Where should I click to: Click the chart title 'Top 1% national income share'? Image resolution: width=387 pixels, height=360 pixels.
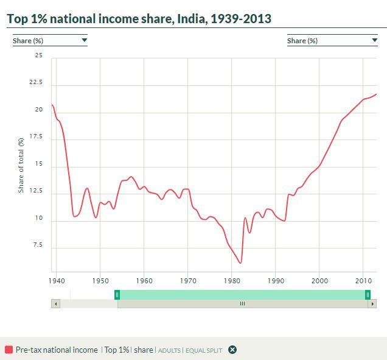pyautogui.click(x=139, y=18)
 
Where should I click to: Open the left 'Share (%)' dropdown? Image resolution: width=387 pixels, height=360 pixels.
pyautogui.click(x=50, y=41)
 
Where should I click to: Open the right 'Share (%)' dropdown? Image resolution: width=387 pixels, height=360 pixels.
pyautogui.click(x=332, y=41)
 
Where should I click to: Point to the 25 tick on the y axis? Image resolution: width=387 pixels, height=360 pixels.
pyautogui.click(x=39, y=56)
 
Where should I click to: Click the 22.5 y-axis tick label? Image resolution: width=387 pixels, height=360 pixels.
pyautogui.click(x=37, y=83)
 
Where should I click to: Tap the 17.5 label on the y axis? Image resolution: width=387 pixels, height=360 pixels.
pyautogui.click(x=37, y=137)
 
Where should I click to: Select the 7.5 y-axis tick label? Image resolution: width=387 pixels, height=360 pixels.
pyautogui.click(x=38, y=245)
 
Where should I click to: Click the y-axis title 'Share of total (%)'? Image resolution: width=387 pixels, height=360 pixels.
pyautogui.click(x=21, y=164)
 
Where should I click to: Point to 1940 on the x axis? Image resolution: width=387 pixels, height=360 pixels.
pyautogui.click(x=56, y=281)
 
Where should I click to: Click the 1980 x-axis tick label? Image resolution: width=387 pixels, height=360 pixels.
pyautogui.click(x=232, y=281)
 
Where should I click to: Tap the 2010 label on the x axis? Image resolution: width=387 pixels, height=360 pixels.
pyautogui.click(x=363, y=281)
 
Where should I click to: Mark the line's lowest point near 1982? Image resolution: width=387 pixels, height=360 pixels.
pyautogui.click(x=241, y=263)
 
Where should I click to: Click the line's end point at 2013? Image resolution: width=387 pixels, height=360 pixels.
pyautogui.click(x=376, y=94)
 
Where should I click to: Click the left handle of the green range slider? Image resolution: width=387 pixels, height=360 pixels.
pyautogui.click(x=117, y=295)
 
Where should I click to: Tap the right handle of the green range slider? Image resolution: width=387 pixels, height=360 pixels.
pyautogui.click(x=368, y=295)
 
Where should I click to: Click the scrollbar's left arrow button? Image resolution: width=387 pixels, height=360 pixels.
pyautogui.click(x=56, y=303)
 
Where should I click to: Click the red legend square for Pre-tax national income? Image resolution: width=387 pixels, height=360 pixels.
pyautogui.click(x=9, y=350)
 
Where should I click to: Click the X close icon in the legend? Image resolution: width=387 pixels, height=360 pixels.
pyautogui.click(x=232, y=350)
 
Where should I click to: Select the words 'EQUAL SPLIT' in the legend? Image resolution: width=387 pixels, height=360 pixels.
pyautogui.click(x=204, y=350)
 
